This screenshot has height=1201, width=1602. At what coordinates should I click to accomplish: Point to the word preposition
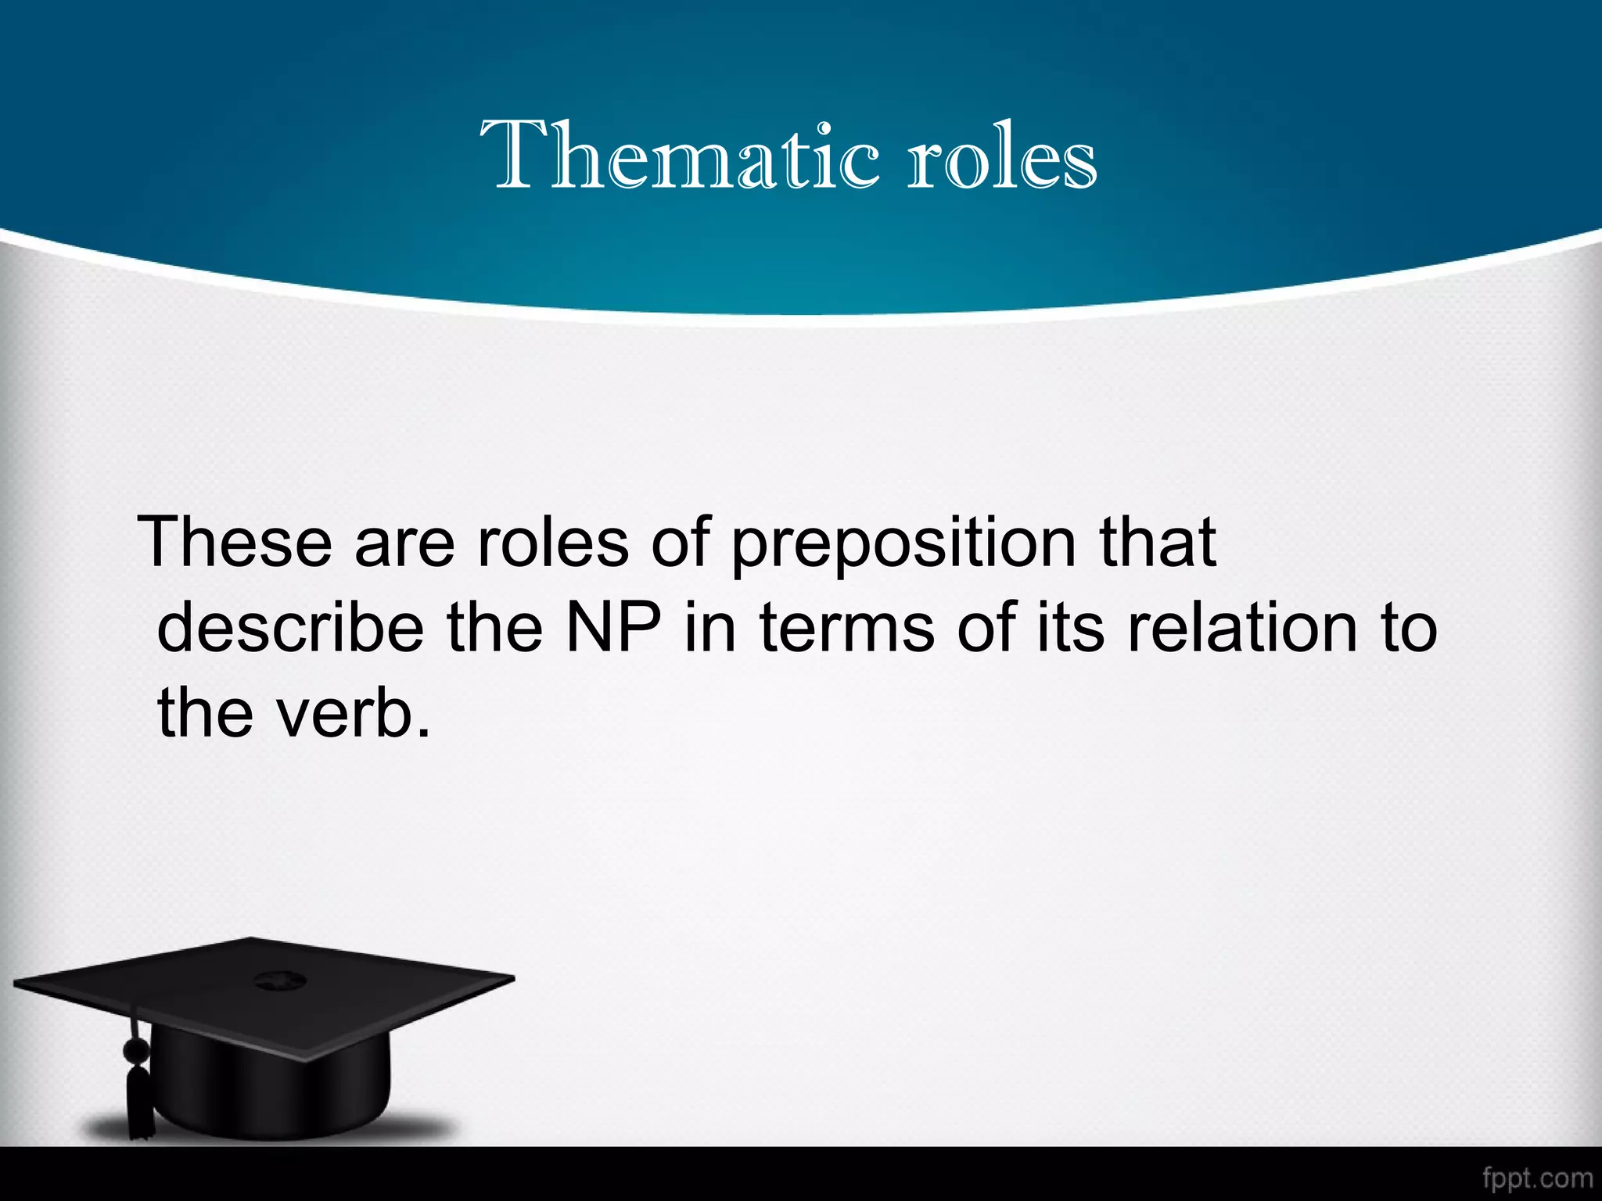[x=903, y=545]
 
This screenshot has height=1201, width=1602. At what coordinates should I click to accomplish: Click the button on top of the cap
[x=275, y=979]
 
